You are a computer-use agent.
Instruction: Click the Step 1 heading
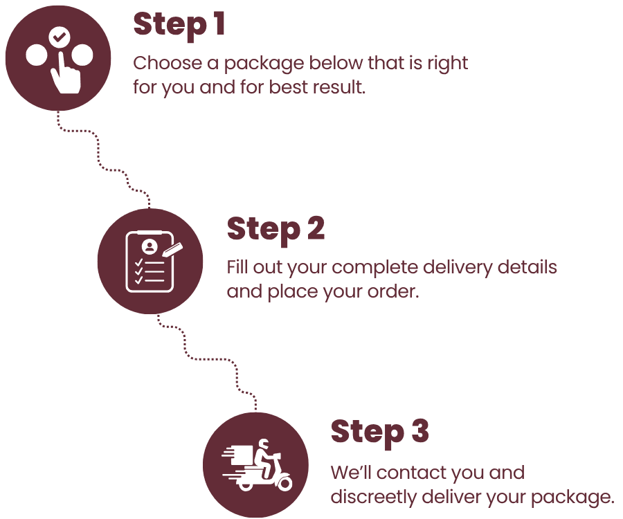click(x=179, y=25)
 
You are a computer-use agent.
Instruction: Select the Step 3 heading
click(x=379, y=432)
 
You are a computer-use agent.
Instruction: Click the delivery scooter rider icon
click(x=257, y=464)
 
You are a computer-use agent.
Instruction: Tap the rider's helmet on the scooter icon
click(x=263, y=444)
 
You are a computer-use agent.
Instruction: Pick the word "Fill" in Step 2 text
click(x=237, y=267)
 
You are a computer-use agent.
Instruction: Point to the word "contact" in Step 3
click(x=410, y=473)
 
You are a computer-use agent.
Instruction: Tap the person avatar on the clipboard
click(x=148, y=246)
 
